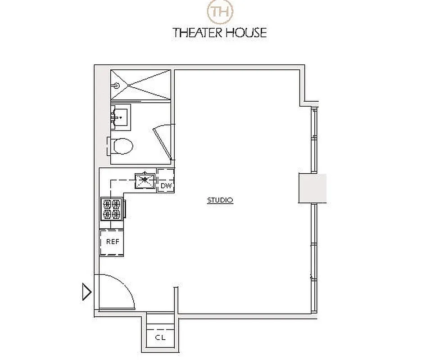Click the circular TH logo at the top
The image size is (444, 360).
[x=219, y=11]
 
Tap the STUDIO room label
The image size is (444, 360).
[x=220, y=200]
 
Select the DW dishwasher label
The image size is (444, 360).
[x=166, y=185]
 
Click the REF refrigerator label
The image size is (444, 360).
[x=113, y=242]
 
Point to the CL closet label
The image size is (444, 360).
[x=160, y=337]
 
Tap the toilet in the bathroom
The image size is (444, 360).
[x=122, y=146]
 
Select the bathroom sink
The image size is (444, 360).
[x=120, y=117]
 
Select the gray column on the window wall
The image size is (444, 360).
[x=312, y=189]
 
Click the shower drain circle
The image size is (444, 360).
[x=118, y=84]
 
